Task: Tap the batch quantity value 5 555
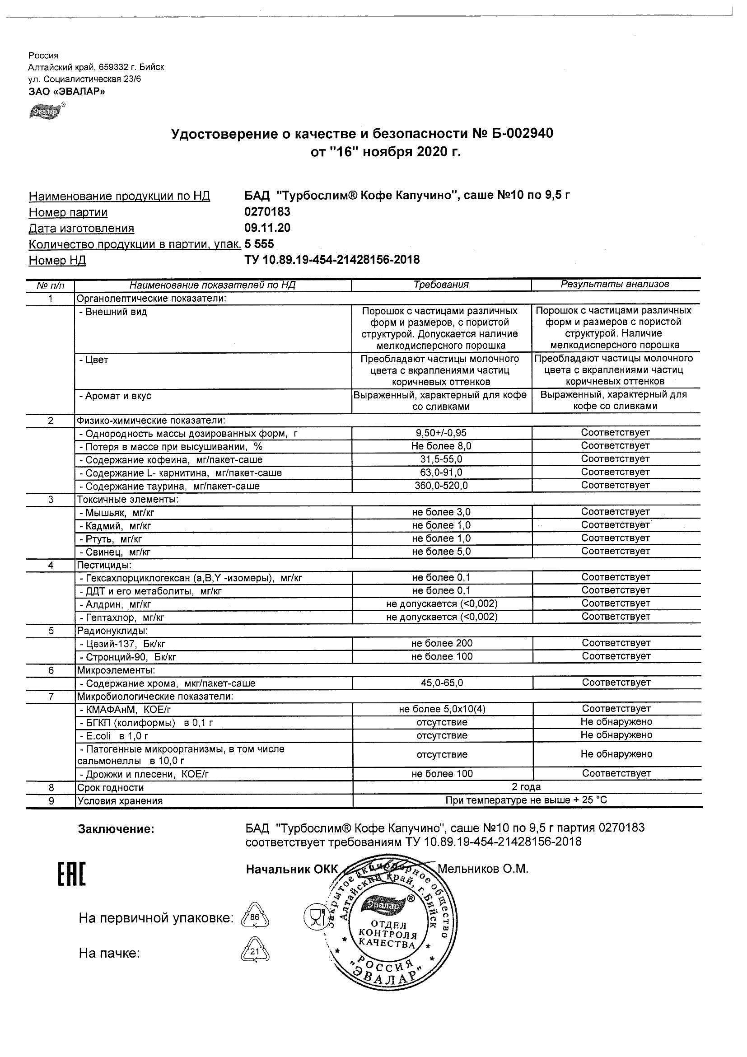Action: pyautogui.click(x=259, y=244)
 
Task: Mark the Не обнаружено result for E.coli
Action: pyautogui.click(x=616, y=735)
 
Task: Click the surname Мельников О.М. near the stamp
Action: pyautogui.click(x=482, y=869)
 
